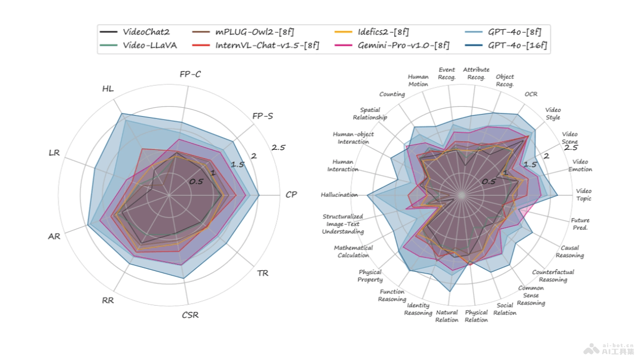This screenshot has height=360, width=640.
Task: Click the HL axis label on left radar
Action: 108,88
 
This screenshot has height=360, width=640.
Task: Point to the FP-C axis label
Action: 190,74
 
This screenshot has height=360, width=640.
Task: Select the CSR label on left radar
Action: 190,315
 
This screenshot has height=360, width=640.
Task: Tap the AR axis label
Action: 54,236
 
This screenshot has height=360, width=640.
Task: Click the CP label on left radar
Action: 291,195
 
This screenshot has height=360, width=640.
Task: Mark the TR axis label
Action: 262,274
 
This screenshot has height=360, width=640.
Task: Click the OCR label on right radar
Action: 531,94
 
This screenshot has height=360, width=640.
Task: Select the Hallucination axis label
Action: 339,195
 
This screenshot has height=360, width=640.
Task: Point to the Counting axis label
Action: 392,94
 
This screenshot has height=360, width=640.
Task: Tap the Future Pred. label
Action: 580,224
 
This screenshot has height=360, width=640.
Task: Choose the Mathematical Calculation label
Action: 353,252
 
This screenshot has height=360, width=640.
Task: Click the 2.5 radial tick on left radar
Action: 279,148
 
